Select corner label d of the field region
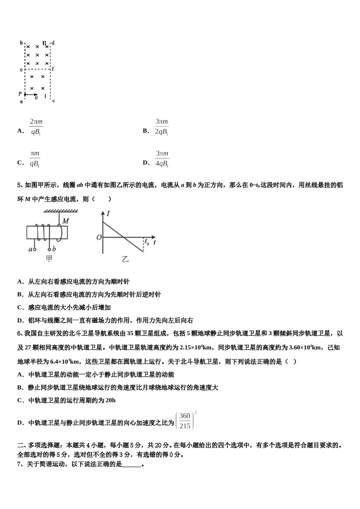[x=53, y=43]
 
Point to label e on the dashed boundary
[x=21, y=70]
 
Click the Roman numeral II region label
[x=44, y=43]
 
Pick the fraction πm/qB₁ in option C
[x=35, y=159]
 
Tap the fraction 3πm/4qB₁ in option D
[x=162, y=159]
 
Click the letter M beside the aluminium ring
[x=66, y=220]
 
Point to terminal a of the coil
[x=31, y=249]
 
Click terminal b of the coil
[x=54, y=249]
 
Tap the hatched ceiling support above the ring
[x=61, y=211]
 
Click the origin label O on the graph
[x=99, y=237]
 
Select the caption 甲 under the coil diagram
[x=49, y=259]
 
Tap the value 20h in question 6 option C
[x=111, y=400]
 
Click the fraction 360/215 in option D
[x=185, y=421]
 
